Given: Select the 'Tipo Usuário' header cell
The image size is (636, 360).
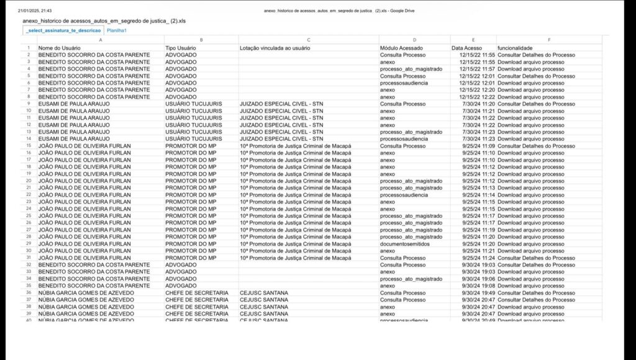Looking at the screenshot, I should click(181, 48).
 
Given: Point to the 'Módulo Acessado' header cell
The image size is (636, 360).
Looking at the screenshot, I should click(401, 48).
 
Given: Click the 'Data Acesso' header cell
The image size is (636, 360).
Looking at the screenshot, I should click(466, 48).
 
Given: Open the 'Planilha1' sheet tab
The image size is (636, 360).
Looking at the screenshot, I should click(117, 30).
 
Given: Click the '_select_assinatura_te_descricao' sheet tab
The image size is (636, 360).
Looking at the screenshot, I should click(63, 30).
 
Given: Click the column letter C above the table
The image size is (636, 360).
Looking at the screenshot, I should click(308, 40).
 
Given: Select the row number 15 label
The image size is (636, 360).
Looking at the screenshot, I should click(29, 146).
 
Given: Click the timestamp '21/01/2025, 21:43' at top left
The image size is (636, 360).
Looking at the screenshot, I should click(35, 11).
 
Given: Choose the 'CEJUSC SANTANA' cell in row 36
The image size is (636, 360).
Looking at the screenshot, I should click(264, 292).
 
